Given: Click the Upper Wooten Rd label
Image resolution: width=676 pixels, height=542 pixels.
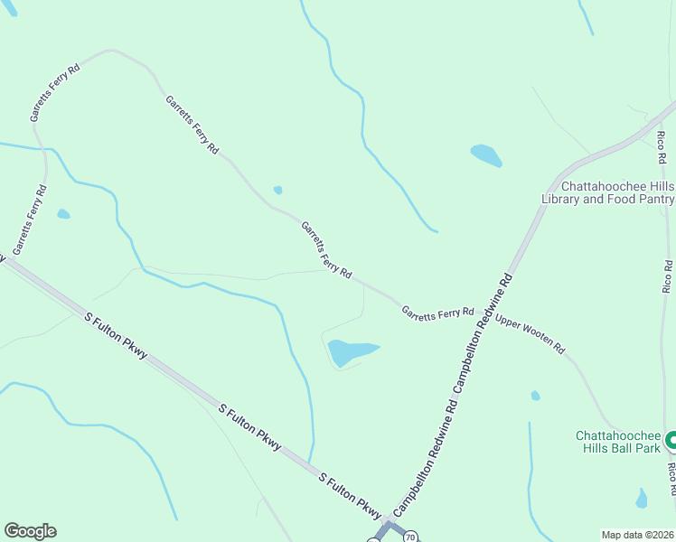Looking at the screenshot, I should point(530,335).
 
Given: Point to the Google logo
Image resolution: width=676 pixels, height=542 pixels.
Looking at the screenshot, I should point(30,531).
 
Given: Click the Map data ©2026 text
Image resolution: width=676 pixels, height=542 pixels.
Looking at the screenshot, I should point(636,535).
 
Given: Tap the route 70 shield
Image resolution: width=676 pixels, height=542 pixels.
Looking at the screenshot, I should point(410,537).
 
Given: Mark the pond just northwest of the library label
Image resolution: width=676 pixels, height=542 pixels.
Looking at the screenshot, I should point(485,155).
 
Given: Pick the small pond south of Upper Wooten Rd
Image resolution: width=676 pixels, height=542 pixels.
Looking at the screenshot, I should point(536,396).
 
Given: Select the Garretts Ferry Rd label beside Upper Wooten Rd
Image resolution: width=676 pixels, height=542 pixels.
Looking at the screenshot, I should point(438,313).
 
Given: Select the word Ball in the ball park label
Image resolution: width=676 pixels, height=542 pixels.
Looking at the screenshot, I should point(614,448).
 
